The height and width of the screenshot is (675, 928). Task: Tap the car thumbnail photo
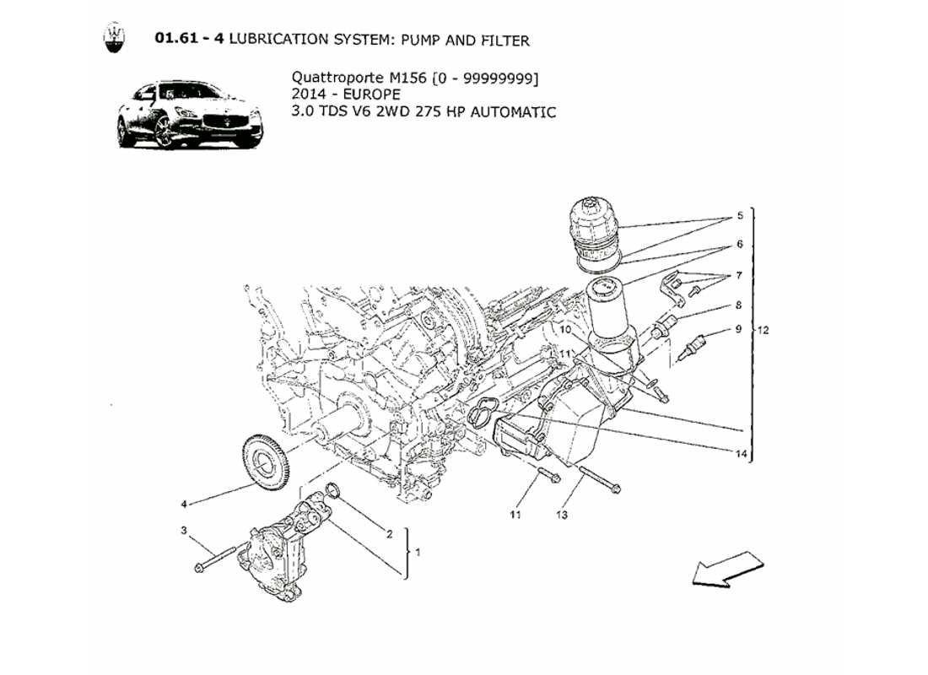click(190, 115)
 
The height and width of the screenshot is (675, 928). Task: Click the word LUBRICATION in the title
click(282, 40)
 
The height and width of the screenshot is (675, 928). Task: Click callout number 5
click(739, 216)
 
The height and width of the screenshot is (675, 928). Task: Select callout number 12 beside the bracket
click(763, 329)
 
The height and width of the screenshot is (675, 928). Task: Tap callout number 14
click(741, 454)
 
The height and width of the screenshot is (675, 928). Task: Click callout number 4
click(183, 505)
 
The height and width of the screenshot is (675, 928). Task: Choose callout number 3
click(182, 531)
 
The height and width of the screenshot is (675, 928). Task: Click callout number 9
click(738, 329)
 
